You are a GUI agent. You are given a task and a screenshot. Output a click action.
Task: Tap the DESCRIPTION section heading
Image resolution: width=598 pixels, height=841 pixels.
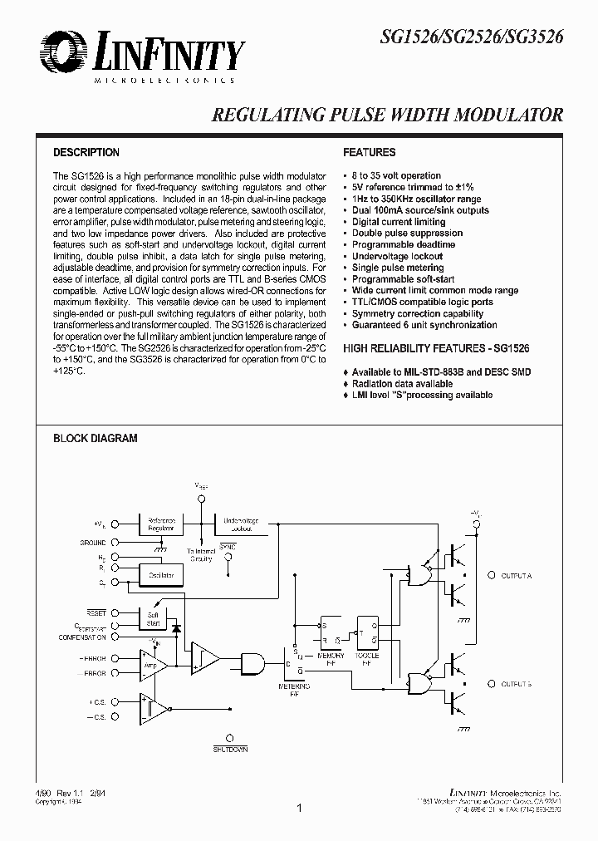pyautogui.click(x=86, y=153)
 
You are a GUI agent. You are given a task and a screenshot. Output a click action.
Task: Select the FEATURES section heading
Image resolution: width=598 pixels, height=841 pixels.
pyautogui.click(x=369, y=153)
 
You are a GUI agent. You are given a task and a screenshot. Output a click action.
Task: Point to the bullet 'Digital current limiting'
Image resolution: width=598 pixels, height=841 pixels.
pyautogui.click(x=399, y=222)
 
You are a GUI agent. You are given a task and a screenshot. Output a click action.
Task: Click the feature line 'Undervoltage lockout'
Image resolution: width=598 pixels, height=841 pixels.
pyautogui.click(x=397, y=257)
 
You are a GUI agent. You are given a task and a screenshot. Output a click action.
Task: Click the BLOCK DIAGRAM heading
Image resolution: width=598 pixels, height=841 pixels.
pyautogui.click(x=95, y=438)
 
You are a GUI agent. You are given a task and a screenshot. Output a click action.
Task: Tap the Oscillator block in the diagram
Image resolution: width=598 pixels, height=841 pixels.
pyautogui.click(x=162, y=575)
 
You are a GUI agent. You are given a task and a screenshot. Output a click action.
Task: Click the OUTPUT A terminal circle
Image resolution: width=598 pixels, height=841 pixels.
pyautogui.click(x=493, y=575)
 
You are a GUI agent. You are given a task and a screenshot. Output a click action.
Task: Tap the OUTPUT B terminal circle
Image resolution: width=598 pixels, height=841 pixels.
pyautogui.click(x=493, y=683)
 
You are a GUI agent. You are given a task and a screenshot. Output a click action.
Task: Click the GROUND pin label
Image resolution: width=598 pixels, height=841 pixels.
pyautogui.click(x=93, y=542)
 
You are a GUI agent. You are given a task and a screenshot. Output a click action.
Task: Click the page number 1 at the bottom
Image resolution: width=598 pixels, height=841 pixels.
pyautogui.click(x=299, y=807)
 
